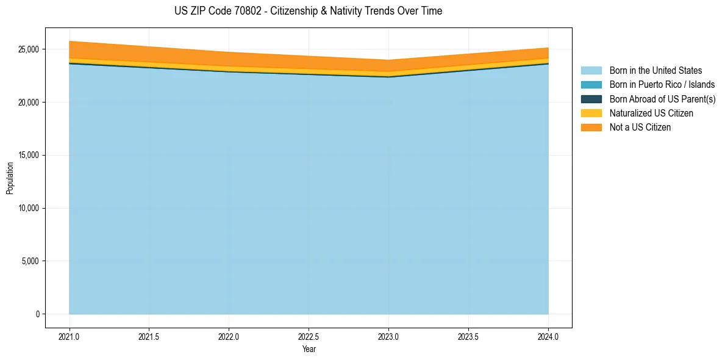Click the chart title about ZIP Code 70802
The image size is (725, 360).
(308, 11)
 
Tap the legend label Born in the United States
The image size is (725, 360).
(655, 71)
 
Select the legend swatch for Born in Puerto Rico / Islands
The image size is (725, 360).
(591, 85)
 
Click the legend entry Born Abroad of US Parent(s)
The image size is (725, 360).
(662, 99)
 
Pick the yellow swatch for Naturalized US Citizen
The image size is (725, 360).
(591, 113)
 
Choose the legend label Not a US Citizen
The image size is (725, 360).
(640, 127)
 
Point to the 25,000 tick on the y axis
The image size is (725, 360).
(29, 49)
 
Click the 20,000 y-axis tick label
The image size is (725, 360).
(29, 103)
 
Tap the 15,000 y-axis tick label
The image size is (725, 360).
(29, 155)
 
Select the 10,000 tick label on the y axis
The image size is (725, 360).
(29, 208)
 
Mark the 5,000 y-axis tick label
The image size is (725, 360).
(30, 261)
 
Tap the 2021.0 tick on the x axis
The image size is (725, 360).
(70, 336)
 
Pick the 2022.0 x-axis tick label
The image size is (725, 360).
(229, 336)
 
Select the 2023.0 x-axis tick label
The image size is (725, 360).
(388, 336)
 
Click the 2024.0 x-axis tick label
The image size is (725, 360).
(548, 336)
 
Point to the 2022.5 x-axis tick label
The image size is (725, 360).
(309, 336)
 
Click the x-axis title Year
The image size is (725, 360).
(309, 350)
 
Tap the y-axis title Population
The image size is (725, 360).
(10, 178)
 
